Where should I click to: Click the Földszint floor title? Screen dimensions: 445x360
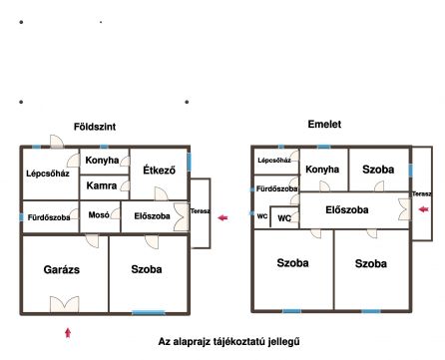coord(95,127)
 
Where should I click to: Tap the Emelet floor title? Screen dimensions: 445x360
coord(324,124)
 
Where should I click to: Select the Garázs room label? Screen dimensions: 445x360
coord(62,269)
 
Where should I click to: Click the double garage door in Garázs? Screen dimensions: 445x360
coord(65,304)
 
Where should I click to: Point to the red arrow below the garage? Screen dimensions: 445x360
coord(68,333)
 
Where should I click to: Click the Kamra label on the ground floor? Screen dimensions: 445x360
coord(102,185)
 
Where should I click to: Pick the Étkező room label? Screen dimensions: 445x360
coord(159,170)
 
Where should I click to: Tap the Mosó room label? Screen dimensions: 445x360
coord(99,215)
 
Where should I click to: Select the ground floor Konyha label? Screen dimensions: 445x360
coord(102,161)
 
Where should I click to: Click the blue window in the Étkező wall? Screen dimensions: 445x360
coord(189,162)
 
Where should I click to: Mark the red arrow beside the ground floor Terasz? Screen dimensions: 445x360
coord(222,217)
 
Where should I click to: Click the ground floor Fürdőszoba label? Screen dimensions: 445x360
coord(49,217)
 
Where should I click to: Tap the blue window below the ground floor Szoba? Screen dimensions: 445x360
coord(149,312)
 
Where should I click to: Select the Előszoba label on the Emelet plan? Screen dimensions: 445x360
coord(347,210)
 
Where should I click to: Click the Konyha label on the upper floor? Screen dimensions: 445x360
coord(322,170)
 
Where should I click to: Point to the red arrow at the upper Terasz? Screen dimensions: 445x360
coord(423,209)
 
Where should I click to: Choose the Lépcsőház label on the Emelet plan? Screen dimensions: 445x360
coord(274,161)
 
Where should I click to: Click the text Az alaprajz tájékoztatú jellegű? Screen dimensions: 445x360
coord(228,342)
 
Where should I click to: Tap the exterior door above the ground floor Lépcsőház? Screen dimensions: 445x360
coord(57,142)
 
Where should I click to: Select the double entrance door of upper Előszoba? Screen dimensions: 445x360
coord(404,209)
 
